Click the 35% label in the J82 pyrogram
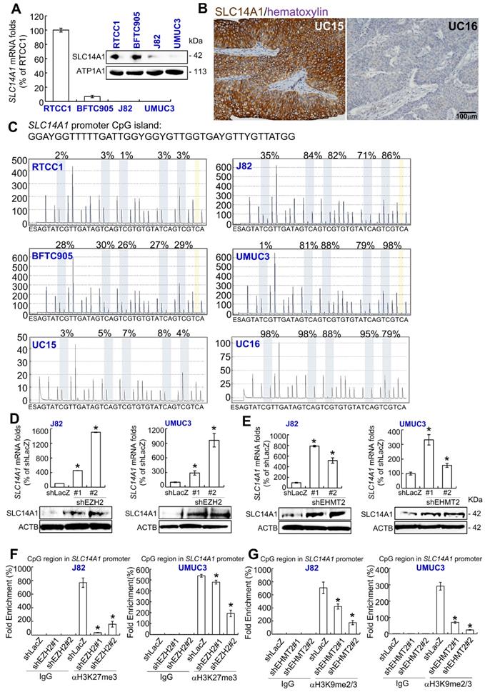tap(270, 155)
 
